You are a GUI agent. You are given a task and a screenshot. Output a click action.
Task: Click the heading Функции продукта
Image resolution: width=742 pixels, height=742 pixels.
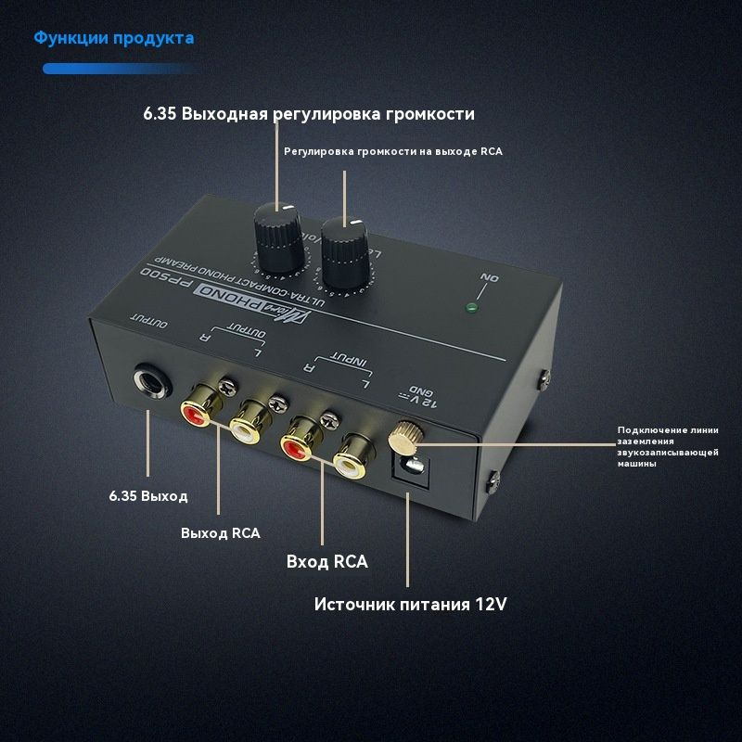click(x=114, y=38)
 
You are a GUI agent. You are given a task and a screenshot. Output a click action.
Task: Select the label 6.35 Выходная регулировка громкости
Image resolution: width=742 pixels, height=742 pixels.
click(x=309, y=114)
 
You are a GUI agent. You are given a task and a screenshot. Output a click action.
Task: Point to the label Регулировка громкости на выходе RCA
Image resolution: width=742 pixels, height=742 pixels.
click(x=393, y=150)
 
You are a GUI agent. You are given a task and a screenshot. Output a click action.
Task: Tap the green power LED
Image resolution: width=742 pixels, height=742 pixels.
click(x=475, y=308)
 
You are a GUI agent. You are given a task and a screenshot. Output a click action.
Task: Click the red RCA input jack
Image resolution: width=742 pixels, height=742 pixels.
click(x=301, y=443)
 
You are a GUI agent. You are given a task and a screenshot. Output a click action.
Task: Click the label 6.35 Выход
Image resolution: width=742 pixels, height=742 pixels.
click(x=148, y=495)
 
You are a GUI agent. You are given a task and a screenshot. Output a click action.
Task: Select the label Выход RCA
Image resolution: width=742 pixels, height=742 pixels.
click(x=221, y=533)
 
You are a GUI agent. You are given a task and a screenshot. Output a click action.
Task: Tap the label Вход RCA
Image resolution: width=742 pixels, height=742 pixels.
click(x=327, y=562)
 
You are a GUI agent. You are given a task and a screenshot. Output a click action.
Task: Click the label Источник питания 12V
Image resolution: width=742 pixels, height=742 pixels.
click(x=410, y=604)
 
